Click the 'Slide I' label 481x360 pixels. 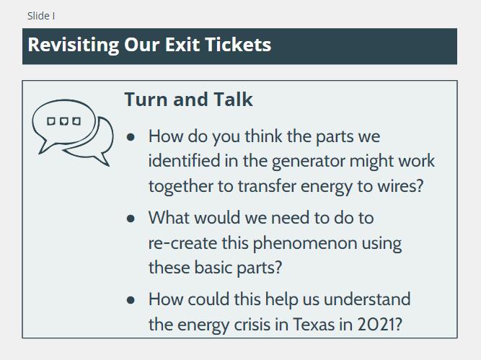tap(41, 16)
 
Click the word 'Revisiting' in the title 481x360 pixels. tap(74, 45)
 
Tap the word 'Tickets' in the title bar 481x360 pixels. tap(238, 45)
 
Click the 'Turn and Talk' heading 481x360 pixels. tap(188, 99)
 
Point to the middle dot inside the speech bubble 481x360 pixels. tap(63, 121)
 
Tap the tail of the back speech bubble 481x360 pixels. tap(103, 159)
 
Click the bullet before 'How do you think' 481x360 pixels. tap(131, 137)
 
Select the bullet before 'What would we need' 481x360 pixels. tap(131, 218)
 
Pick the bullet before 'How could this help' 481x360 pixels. tap(131, 300)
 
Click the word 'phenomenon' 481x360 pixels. tap(305, 244)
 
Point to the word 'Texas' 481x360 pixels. tap(313, 325)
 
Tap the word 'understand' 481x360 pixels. tap(367, 299)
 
